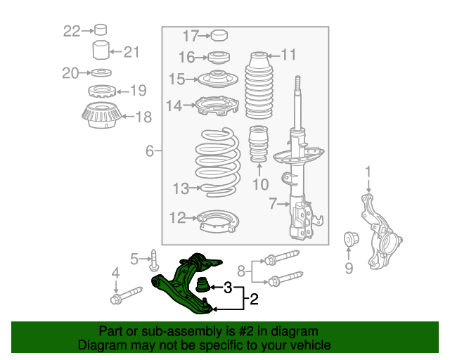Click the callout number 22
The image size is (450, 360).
click(x=72, y=31)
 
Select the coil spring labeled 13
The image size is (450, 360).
click(x=218, y=162)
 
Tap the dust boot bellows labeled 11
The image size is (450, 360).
click(x=259, y=85)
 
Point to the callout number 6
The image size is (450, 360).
click(x=150, y=151)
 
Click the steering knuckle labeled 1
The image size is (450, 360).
click(x=380, y=231)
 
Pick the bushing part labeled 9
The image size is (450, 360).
click(x=352, y=239)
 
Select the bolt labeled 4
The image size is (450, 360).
click(x=127, y=295)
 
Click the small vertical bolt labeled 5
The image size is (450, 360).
click(x=154, y=260)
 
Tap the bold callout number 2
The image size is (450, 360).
click(x=255, y=299)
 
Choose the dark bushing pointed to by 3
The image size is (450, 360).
click(x=203, y=285)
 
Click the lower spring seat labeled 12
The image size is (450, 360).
click(x=218, y=221)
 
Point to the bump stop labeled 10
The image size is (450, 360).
click(x=259, y=143)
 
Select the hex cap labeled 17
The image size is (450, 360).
click(x=219, y=35)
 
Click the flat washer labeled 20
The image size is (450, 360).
click(x=101, y=72)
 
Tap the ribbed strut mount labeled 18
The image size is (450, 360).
click(x=101, y=115)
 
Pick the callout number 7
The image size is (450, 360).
click(x=274, y=203)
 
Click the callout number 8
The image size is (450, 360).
click(x=242, y=271)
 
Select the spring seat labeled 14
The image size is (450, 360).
click(x=217, y=105)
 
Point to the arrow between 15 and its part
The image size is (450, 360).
click(x=192, y=79)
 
